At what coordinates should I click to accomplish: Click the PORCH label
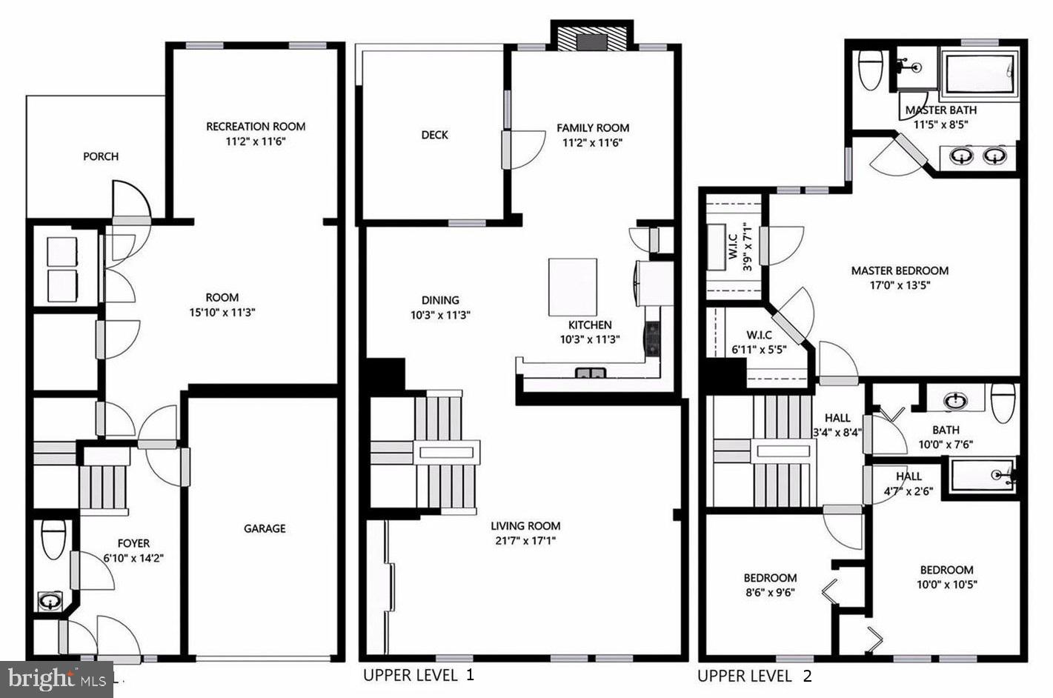[x=100, y=156]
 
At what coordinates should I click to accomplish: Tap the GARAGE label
[x=265, y=528]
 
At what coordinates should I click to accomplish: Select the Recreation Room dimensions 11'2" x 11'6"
[x=256, y=142]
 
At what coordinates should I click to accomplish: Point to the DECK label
[x=434, y=135]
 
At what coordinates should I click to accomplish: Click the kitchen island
[x=572, y=287]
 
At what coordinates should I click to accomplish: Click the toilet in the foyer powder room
[x=53, y=539]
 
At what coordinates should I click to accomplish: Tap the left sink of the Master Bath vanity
[x=962, y=156]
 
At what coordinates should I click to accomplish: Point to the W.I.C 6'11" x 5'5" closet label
[x=760, y=342]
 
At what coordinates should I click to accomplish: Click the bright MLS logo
[x=56, y=679]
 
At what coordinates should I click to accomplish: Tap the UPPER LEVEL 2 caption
[x=754, y=676]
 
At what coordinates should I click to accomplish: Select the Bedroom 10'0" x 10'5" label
[x=946, y=576]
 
